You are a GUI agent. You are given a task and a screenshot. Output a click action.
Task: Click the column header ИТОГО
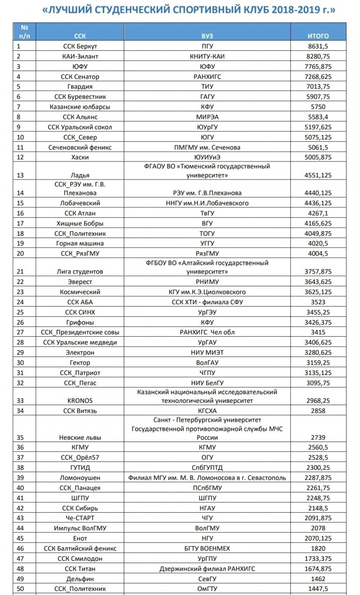click(x=318, y=36)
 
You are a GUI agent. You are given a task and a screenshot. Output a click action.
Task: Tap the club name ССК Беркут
click(x=80, y=46)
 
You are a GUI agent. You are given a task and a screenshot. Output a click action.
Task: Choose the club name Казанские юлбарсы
click(x=80, y=107)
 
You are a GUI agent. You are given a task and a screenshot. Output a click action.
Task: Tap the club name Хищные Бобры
click(x=80, y=223)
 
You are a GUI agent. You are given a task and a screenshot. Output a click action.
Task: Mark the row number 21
click(x=19, y=272)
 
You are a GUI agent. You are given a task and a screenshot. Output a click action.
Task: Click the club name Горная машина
click(x=80, y=243)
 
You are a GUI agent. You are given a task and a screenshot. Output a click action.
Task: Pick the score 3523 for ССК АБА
click(x=318, y=302)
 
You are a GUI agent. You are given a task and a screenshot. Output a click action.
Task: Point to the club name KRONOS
click(x=80, y=401)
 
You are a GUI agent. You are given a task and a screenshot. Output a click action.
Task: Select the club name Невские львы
click(x=80, y=437)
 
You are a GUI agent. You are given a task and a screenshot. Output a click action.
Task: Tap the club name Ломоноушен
click(x=80, y=478)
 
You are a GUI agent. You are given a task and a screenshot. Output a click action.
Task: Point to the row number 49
click(x=19, y=578)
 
